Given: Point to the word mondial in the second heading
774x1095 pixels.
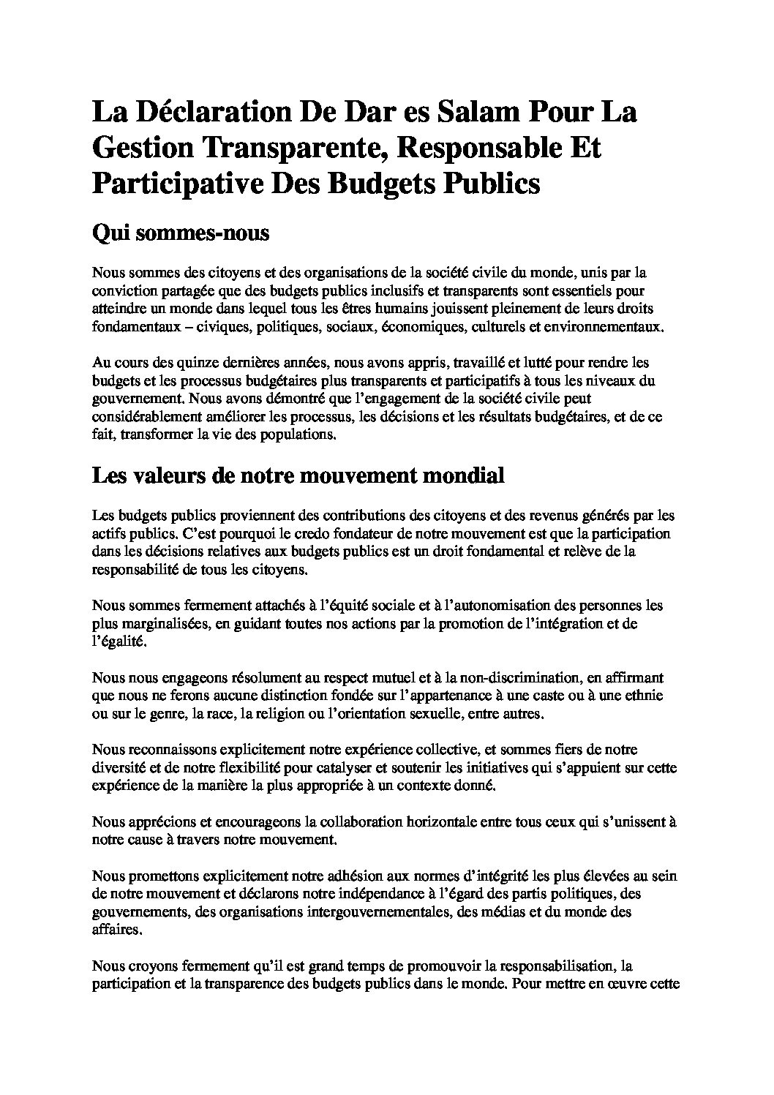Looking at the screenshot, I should pyautogui.click(x=460, y=475).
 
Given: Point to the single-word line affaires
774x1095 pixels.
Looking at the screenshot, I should pyautogui.click(x=115, y=929).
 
